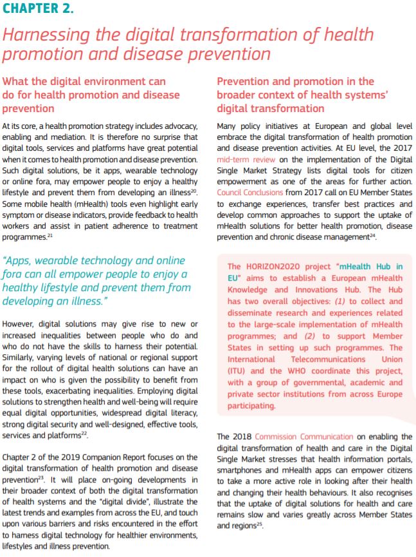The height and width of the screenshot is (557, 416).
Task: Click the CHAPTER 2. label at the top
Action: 38,9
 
